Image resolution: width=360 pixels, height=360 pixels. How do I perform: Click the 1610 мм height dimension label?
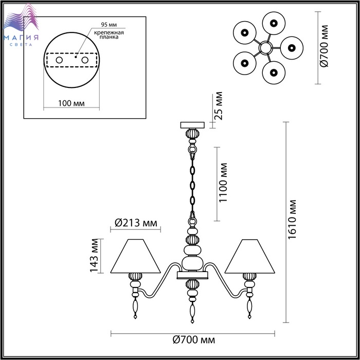[x=292, y=220]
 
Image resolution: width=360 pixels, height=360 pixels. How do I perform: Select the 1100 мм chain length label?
[x=223, y=183]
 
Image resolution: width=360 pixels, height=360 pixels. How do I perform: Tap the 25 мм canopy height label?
[x=219, y=106]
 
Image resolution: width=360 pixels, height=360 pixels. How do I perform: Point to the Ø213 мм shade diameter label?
[x=136, y=223]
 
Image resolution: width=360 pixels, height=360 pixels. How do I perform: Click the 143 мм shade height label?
[x=94, y=256]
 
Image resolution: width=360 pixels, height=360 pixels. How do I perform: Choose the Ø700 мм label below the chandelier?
[x=194, y=339]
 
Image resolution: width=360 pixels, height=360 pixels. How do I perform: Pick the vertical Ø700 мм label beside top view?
[x=324, y=46]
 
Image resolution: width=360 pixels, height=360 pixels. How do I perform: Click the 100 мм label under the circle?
[x=71, y=103]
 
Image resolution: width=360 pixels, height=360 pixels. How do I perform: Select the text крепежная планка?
[x=109, y=34]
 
